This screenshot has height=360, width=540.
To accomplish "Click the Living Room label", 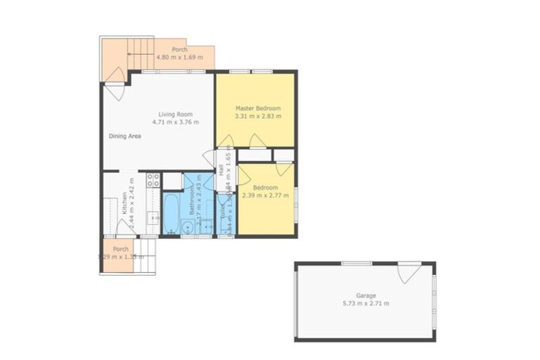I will click(x=175, y=114).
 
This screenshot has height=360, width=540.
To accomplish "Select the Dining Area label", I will click(x=124, y=136).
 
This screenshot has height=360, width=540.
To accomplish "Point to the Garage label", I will click(x=365, y=295).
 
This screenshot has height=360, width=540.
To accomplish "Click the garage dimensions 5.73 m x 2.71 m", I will click(x=365, y=303).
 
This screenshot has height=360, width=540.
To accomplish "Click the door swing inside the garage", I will click(x=409, y=273).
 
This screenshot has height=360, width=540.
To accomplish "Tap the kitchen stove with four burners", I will click(x=153, y=180).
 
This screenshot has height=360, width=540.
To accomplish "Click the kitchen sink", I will click(x=153, y=219).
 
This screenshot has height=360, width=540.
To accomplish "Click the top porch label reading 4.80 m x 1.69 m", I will click(x=179, y=58).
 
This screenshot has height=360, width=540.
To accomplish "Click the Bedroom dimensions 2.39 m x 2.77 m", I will click(x=265, y=196).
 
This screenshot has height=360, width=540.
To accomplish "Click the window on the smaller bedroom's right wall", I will click(x=295, y=198).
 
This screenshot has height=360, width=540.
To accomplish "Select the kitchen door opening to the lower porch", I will click(x=124, y=228).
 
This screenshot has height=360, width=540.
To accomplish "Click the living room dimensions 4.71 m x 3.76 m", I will click(x=175, y=122).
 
